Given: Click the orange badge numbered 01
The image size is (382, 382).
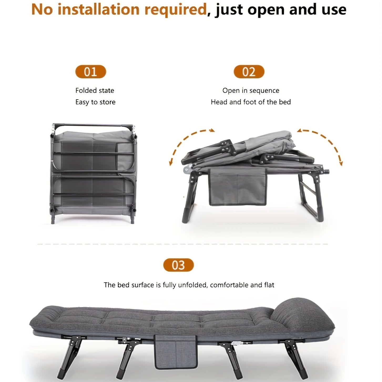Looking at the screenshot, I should tap(90, 72).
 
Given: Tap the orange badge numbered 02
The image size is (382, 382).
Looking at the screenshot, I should tap(249, 72).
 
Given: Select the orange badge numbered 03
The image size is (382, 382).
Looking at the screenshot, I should tap(178, 265).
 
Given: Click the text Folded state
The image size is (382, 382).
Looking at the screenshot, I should tap(95, 90).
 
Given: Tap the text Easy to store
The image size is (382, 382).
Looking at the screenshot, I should tap(95, 102).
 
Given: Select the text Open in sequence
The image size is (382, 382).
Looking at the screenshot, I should tap(251, 90).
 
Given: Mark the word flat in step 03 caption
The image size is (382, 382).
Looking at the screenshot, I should tap(269, 285).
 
